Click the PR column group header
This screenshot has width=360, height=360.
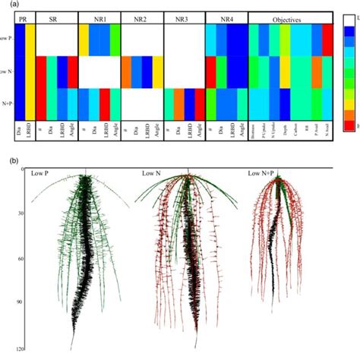[x=24, y=17]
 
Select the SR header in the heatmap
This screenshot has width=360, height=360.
[x=56, y=17]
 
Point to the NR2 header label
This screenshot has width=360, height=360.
[x=141, y=17]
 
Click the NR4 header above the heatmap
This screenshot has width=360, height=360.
[x=227, y=17]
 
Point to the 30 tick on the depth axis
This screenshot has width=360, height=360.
[x=14, y=213]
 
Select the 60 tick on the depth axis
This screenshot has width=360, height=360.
[x=14, y=258]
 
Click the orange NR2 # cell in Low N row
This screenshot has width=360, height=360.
[x=126, y=71]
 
